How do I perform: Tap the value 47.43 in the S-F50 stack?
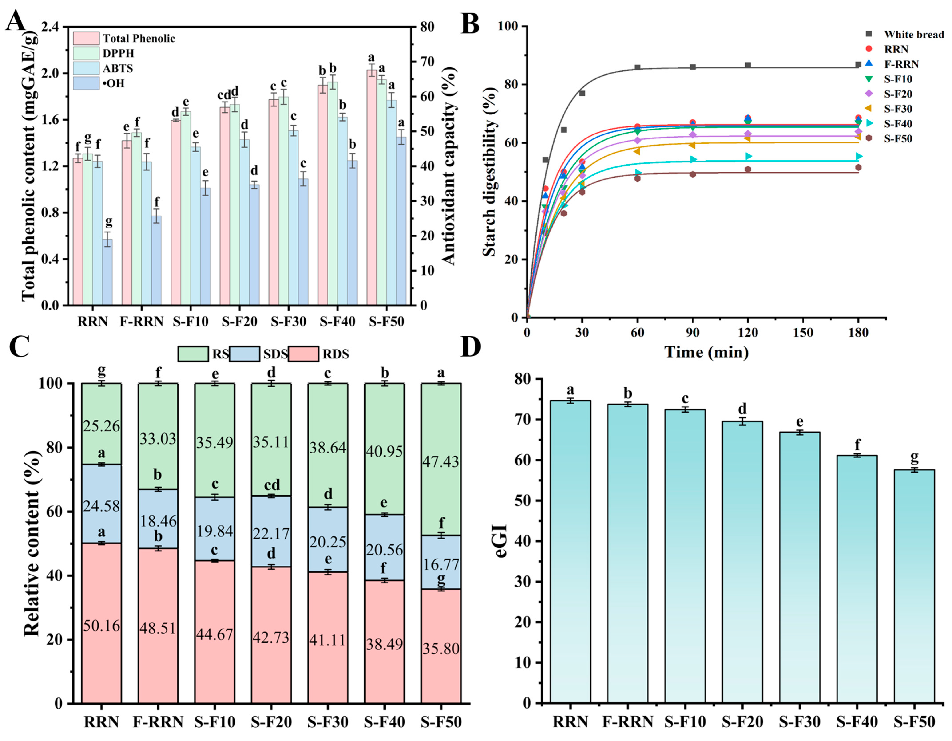pyautogui.click(x=441, y=461)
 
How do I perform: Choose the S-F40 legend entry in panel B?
pyautogui.click(x=898, y=124)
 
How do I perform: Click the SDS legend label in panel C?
pyautogui.click(x=275, y=354)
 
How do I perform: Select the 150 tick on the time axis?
pyautogui.click(x=803, y=332)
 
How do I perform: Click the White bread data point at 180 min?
pyautogui.click(x=858, y=65)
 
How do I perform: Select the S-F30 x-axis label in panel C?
pyautogui.click(x=328, y=722)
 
